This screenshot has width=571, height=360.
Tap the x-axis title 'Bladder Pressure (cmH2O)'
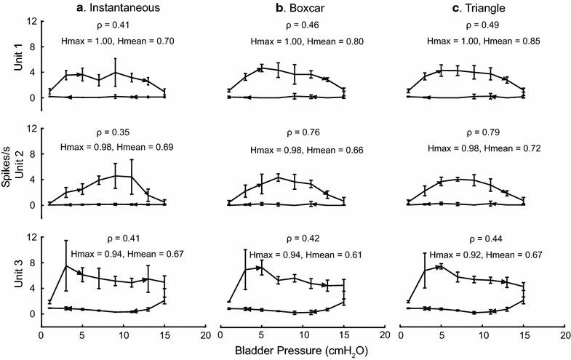point(301,351)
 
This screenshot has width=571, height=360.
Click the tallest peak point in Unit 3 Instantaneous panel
point(66,266)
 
